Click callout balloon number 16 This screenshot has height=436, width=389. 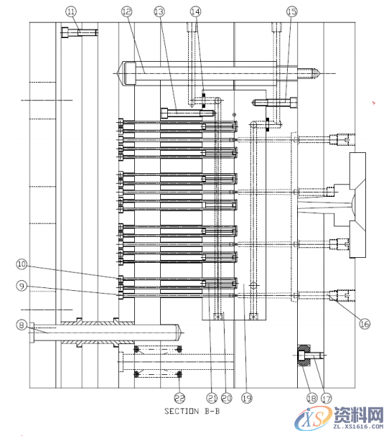364,324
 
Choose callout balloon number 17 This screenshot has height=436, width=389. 327,397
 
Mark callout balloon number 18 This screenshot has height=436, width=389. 311,397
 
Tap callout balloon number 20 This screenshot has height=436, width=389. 226,397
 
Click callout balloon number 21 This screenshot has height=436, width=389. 212,397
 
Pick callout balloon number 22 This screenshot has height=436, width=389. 179,397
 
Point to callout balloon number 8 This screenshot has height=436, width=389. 22,325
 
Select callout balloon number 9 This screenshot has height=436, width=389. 22,286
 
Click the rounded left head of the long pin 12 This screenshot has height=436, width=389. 127,72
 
